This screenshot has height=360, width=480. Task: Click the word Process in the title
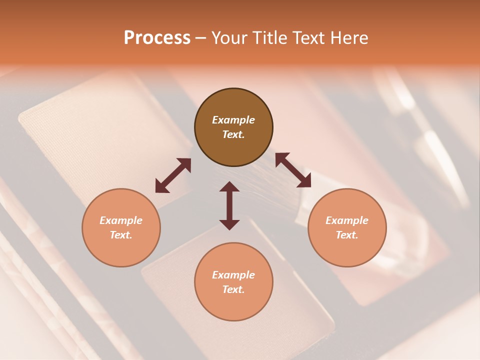point(157,38)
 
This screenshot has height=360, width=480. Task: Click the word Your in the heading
point(229,38)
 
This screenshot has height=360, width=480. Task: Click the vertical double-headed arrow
point(229,205)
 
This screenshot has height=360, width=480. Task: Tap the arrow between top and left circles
point(173,175)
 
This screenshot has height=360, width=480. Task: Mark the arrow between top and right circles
point(293,170)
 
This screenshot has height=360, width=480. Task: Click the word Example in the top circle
point(233,120)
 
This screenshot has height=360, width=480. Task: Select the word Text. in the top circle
point(233,134)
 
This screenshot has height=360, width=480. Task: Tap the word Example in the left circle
point(121,220)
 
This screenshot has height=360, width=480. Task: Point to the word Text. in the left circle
point(121,235)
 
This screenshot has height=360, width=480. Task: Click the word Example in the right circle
point(347,220)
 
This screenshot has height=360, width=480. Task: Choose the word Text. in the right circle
point(347,235)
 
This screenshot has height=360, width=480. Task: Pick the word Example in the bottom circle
point(233,275)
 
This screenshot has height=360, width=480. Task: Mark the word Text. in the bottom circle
point(233,289)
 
